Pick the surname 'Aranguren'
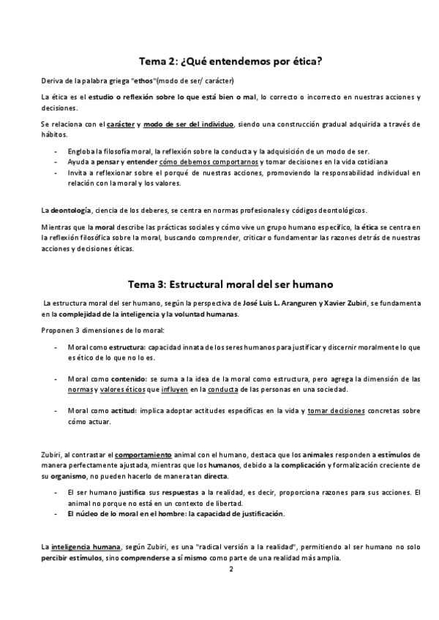pos(290,303)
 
